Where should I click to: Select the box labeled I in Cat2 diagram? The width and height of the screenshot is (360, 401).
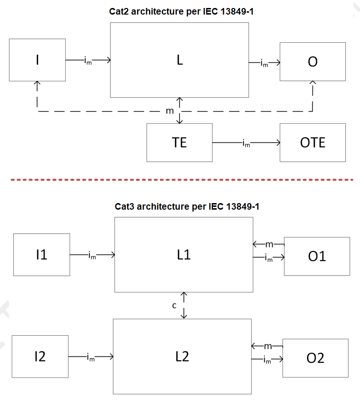click(37, 61)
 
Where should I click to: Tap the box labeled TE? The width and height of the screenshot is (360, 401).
click(179, 142)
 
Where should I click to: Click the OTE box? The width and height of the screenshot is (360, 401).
click(313, 142)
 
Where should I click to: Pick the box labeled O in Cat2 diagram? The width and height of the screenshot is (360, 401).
click(313, 62)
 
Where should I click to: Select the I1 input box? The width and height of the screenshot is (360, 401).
click(41, 254)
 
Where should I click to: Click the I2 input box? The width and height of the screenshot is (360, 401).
click(40, 357)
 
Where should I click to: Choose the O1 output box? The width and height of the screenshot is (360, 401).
click(317, 256)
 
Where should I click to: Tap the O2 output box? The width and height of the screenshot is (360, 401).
click(315, 358)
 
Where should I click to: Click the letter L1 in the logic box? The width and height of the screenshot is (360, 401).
click(184, 254)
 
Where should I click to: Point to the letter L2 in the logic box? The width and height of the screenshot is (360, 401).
click(182, 356)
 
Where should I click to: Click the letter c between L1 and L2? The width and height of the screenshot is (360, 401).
click(174, 306)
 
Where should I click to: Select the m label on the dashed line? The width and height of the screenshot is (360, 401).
click(170, 111)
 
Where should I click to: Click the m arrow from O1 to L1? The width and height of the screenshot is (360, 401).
click(268, 244)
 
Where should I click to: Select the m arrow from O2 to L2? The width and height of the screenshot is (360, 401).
click(267, 346)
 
